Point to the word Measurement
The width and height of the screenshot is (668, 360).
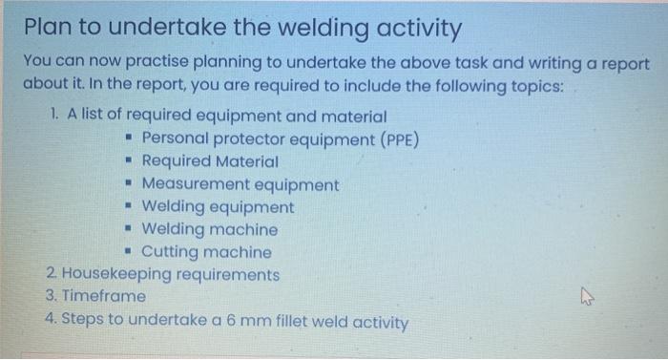pyautogui.click(x=191, y=184)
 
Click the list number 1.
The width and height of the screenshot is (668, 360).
pyautogui.click(x=53, y=116)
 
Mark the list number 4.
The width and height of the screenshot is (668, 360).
pyautogui.click(x=50, y=320)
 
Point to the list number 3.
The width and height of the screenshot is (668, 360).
pyautogui.click(x=50, y=297)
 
